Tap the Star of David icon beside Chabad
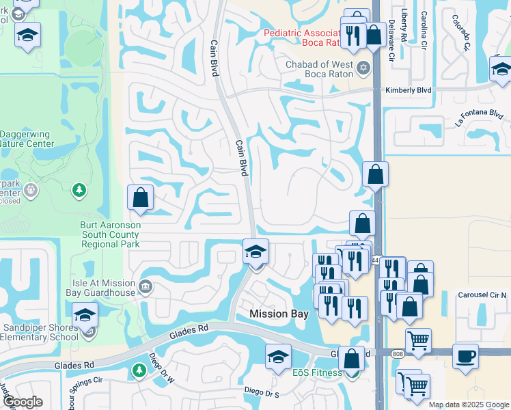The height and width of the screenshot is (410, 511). coord(363,67)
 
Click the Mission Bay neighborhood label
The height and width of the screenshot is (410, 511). coord(279,314)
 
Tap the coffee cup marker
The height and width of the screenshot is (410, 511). coord(465,356)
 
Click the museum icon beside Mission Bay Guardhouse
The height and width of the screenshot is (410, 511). coord(144,286)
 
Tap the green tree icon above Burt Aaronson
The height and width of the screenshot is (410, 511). coord(80,189)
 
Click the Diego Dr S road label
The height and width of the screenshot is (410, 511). coord(262,393)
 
